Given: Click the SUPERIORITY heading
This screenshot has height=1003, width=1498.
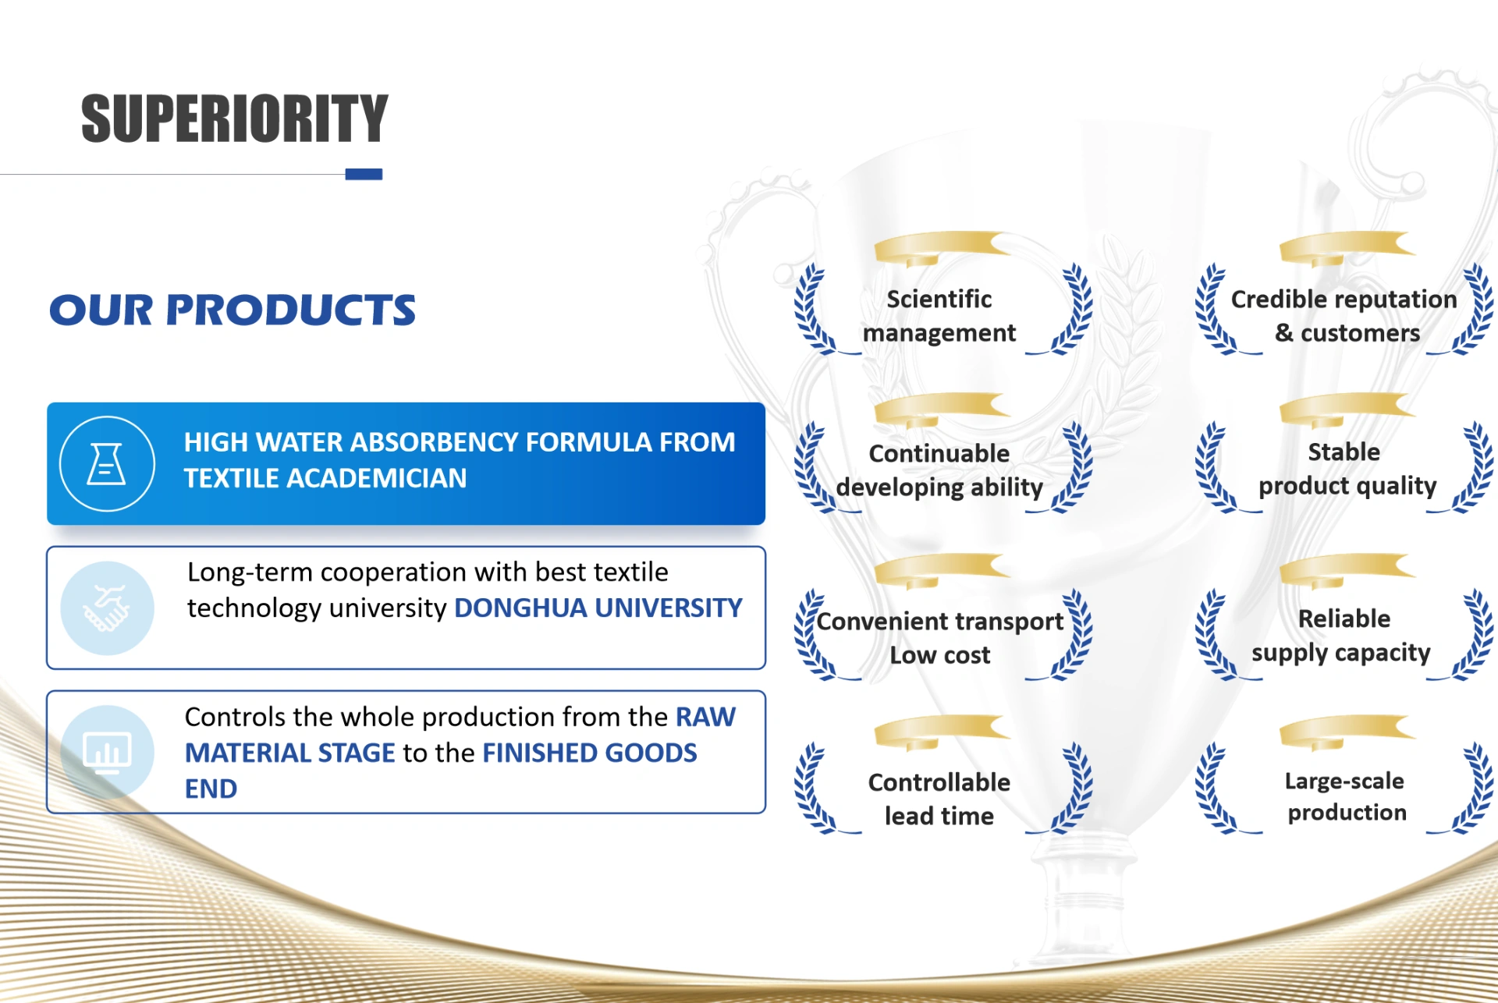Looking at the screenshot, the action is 234,119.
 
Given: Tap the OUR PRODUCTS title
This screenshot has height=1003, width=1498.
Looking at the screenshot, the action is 233,310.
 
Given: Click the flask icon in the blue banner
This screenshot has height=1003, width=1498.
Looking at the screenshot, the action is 107,463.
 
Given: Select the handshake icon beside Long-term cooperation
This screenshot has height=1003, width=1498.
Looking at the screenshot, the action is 107,608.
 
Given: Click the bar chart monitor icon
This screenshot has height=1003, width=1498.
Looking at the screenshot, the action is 107,753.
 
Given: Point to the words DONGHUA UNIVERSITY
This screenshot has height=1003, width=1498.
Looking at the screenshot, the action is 598,608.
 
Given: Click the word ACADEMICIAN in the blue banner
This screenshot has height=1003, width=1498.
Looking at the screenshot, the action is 377,478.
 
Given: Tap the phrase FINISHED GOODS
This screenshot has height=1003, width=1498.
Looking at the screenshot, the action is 590,753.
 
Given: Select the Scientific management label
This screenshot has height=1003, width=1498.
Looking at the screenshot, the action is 939,316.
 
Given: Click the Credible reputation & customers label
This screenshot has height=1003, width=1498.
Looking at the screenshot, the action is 1344,316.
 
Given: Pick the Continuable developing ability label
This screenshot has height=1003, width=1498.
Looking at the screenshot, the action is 939,470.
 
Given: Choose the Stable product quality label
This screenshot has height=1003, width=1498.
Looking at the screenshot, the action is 1347,469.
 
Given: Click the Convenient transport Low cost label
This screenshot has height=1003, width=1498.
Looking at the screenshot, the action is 939,638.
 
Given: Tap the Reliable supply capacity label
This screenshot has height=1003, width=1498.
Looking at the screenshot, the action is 1342,636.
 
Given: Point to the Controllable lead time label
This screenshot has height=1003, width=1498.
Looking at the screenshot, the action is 939,799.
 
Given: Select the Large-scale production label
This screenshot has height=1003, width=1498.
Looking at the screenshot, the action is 1346,796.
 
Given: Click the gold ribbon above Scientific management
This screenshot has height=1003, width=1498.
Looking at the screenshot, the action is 941,248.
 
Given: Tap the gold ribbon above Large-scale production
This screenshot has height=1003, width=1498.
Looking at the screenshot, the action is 1347,732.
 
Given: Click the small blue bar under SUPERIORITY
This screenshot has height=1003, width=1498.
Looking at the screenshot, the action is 364,174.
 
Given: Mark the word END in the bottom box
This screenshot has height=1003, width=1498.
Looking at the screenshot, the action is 211,789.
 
